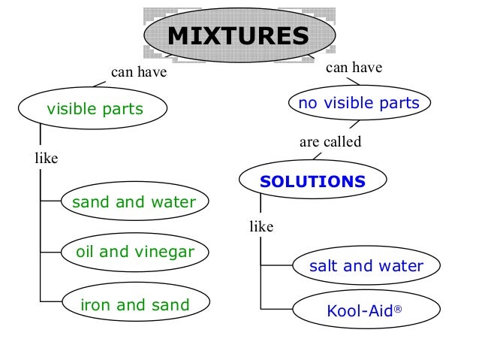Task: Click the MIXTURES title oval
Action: (238, 36)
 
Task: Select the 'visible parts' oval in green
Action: (95, 110)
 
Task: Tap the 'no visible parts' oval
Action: (359, 104)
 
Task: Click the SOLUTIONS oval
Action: (312, 182)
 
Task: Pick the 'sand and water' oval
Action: (133, 202)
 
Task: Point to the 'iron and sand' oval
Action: (134, 305)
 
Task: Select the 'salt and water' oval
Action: (366, 266)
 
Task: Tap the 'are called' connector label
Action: (330, 141)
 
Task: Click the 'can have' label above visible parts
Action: (138, 74)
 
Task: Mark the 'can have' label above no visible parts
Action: (354, 68)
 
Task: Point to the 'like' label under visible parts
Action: (46, 159)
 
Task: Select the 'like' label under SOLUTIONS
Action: (261, 225)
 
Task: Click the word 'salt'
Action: (325, 266)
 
